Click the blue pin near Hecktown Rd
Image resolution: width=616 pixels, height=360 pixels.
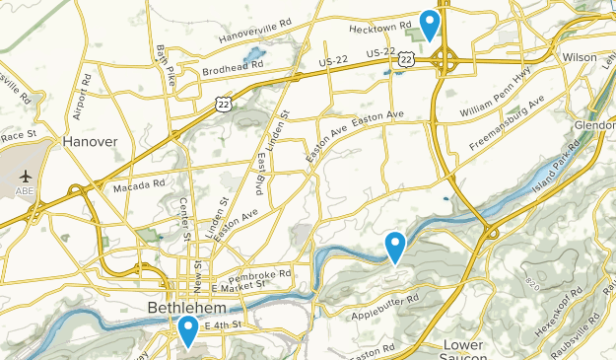click(430, 23)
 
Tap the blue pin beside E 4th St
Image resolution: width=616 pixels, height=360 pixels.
click(187, 330)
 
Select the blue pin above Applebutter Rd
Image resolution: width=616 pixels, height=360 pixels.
click(395, 246)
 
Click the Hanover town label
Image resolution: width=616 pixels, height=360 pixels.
click(90, 142)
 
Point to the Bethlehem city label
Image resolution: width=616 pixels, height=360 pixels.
click(183, 308)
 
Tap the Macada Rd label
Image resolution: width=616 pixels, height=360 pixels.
click(138, 185)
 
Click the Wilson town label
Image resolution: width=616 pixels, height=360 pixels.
click(580, 57)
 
